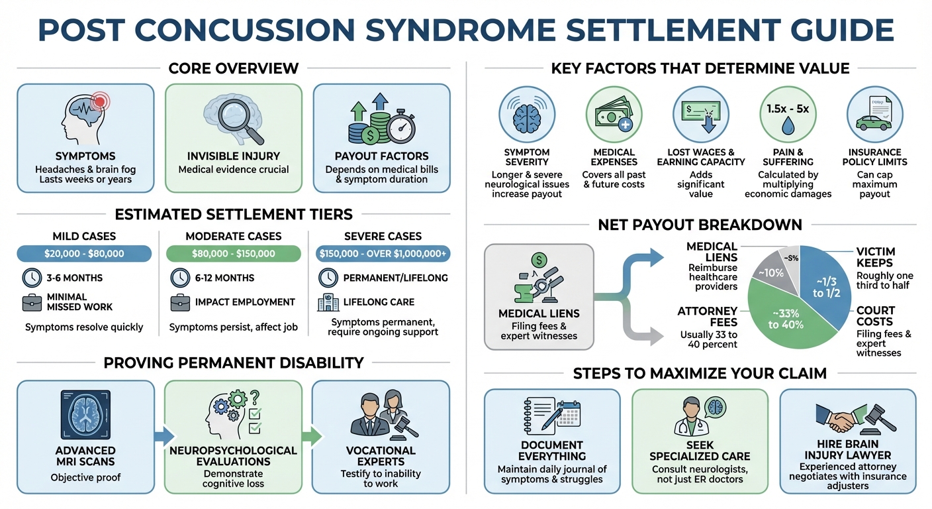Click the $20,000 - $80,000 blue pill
click(84, 254)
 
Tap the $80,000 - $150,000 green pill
click(233, 254)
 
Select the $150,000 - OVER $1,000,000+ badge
click(383, 254)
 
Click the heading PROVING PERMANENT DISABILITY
click(233, 363)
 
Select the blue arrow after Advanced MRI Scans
click(163, 435)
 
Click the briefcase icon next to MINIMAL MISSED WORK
click(31, 302)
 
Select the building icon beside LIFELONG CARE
click(327, 302)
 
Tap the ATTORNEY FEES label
click(708, 316)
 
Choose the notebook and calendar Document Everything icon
click(551, 416)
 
